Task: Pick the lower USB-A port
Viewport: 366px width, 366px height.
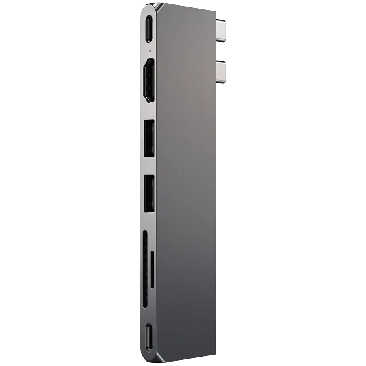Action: (149, 193)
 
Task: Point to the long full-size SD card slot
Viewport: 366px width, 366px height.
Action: (145, 269)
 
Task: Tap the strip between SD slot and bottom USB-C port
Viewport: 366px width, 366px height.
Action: (149, 316)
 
